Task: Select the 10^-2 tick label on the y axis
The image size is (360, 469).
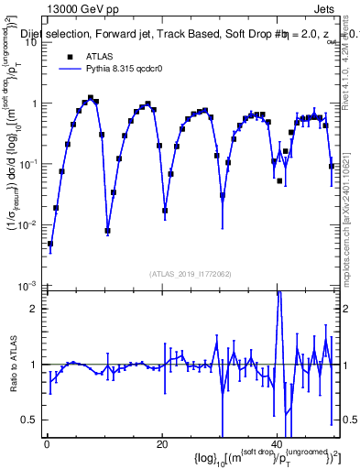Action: [29, 224]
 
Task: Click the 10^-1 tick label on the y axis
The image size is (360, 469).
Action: [29, 164]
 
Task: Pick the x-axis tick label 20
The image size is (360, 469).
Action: [161, 444]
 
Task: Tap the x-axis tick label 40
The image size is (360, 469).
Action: [277, 444]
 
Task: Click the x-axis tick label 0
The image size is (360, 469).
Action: [46, 444]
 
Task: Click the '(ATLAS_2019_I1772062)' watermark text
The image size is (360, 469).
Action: [191, 274]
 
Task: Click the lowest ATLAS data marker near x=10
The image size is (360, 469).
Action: [107, 231]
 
